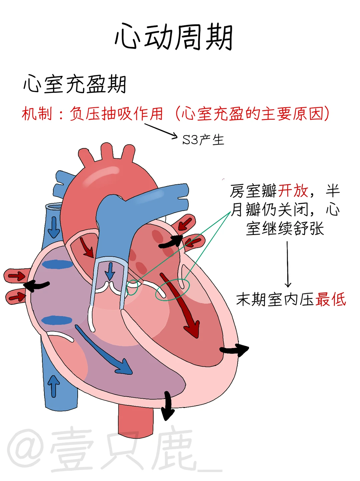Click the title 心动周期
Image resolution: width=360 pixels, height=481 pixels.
173,37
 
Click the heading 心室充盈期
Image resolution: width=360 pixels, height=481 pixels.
75,84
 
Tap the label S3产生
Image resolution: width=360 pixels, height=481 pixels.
203,140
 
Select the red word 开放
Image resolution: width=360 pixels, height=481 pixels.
293,191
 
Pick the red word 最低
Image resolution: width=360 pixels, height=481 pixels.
331,299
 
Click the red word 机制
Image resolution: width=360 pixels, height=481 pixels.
37,114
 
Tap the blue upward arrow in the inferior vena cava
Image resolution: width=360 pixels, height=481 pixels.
53,385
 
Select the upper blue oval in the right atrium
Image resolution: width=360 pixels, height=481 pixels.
57,264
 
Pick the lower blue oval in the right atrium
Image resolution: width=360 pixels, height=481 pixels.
57,321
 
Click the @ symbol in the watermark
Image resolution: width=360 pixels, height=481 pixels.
25,448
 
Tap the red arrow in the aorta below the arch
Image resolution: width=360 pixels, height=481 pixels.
87,247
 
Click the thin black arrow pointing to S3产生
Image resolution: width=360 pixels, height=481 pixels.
161,130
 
